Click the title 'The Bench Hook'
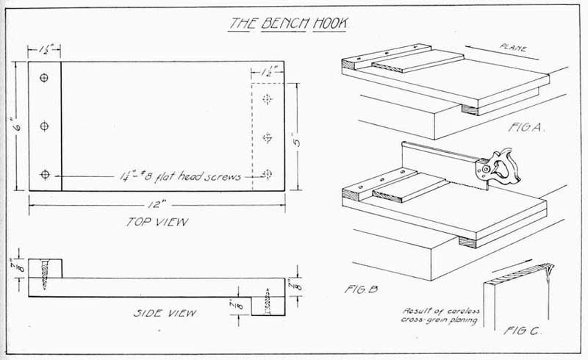click(288, 23)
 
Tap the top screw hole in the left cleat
click(45, 78)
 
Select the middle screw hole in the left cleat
click(45, 126)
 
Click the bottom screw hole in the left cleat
click(45, 174)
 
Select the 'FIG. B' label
click(361, 289)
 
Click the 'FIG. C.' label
click(523, 331)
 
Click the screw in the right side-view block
click(268, 302)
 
